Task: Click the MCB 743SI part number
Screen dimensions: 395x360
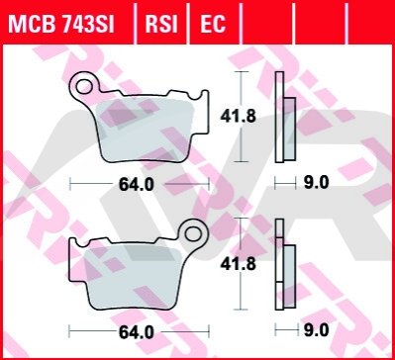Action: tap(61, 23)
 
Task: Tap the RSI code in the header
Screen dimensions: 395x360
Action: tap(161, 23)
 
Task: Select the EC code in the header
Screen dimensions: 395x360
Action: tap(213, 23)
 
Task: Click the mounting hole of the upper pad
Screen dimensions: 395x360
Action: tap(84, 86)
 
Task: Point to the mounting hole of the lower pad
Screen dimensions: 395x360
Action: tap(193, 233)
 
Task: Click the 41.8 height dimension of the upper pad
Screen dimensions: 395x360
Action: tap(238, 117)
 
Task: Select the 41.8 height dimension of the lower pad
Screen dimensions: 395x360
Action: tap(238, 264)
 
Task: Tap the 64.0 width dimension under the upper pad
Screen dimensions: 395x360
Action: tap(137, 185)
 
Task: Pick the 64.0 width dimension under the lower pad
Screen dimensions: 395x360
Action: tap(137, 332)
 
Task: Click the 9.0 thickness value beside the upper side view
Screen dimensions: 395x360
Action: tap(317, 182)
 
